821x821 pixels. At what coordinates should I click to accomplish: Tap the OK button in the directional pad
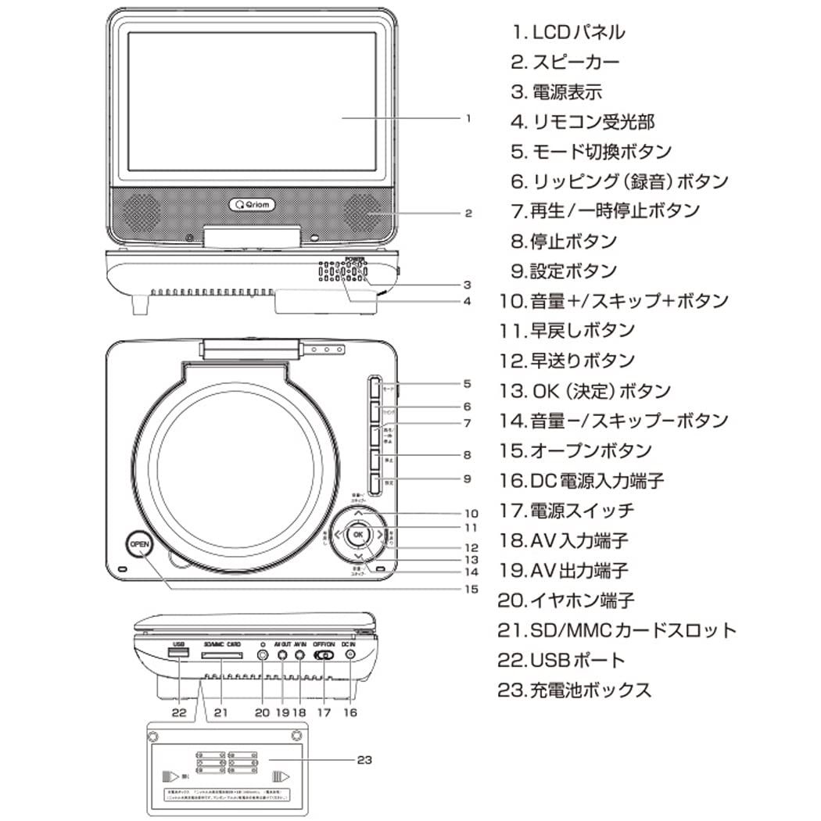point(357,534)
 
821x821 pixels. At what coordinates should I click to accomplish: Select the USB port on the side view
point(178,653)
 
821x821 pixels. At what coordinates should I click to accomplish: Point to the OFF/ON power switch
point(324,654)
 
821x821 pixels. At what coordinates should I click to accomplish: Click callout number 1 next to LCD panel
point(467,119)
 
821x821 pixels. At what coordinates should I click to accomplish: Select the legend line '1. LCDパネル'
point(568,32)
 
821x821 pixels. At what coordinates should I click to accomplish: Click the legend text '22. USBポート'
point(562,660)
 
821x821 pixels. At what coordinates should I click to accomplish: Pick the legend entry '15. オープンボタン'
point(575,451)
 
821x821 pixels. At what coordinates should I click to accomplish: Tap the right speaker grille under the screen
point(360,210)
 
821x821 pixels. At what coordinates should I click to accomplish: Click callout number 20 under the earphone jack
point(261,712)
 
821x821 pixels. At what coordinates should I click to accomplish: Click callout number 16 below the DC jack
point(350,712)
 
